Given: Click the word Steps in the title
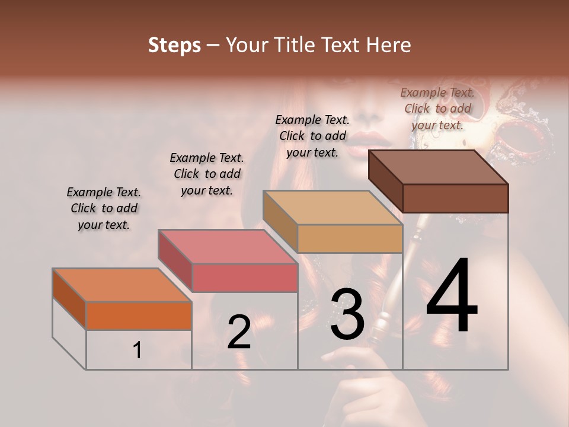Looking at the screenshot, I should point(174,45).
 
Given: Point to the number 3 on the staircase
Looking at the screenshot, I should point(347,314).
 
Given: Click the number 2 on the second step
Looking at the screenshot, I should point(239,332).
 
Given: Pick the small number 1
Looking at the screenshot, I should point(138,350).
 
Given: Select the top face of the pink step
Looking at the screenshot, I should point(228,247).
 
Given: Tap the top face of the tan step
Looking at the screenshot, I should point(333,208).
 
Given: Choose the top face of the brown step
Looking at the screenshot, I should point(439,167).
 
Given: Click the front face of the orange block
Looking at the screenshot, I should point(139,316).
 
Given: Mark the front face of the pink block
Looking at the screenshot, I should point(244,278).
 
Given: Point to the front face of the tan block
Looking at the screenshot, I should point(350,239).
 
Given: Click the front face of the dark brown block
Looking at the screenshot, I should point(455,198).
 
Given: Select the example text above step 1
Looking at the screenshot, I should point(104,208).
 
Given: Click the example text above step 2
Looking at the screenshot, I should point(207,174).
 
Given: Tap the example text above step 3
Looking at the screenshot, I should point(312,136).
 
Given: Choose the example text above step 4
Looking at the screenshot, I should point(437,109).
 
